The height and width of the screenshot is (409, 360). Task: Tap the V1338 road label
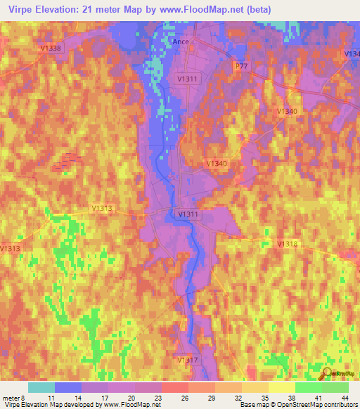coord(51,48)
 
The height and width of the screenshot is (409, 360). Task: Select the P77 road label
coord(242,65)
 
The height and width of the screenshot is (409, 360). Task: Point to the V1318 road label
coord(288,243)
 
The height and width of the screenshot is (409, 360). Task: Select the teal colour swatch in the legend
coord(41,387)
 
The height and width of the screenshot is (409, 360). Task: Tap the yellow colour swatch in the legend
coord(282,387)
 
